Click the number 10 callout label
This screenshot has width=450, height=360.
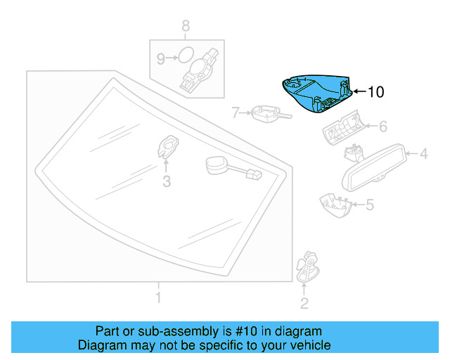(376, 91)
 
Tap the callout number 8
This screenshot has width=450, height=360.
(186, 26)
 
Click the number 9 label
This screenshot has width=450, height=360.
(160, 59)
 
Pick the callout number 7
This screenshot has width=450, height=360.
(236, 111)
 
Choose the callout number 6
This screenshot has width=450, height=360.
(383, 127)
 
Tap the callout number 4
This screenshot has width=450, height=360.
(424, 153)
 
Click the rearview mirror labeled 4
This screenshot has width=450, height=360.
(373, 167)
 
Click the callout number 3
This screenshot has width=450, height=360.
(166, 182)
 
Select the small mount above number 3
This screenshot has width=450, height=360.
(167, 146)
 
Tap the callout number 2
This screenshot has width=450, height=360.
(304, 304)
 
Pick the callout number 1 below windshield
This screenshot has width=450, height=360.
(158, 299)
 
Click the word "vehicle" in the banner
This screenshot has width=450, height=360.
(306, 345)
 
